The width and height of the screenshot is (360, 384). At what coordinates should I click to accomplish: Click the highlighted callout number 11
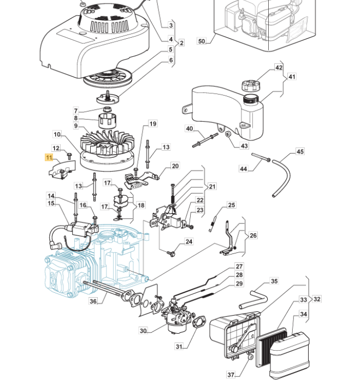click(x=49, y=157)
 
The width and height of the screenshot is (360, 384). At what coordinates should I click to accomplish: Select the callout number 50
click(x=202, y=41)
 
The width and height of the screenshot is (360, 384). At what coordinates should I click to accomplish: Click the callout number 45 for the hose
click(x=300, y=152)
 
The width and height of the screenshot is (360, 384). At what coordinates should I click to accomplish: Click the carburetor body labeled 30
click(x=177, y=316)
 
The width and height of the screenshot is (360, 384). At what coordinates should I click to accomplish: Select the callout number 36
click(x=93, y=301)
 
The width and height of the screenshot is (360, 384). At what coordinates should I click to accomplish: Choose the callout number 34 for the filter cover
click(x=303, y=314)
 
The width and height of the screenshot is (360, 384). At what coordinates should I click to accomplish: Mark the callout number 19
click(x=153, y=123)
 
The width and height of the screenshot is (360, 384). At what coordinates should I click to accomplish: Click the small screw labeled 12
click(x=69, y=156)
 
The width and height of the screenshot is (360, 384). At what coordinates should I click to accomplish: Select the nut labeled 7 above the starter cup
click(x=107, y=109)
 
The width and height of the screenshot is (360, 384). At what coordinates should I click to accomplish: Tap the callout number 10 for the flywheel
click(x=57, y=134)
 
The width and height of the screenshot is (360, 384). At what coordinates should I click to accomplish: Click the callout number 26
click(x=253, y=235)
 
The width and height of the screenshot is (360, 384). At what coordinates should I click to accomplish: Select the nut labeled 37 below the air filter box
click(x=251, y=357)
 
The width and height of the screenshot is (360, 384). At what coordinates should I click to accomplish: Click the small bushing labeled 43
click(x=228, y=134)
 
